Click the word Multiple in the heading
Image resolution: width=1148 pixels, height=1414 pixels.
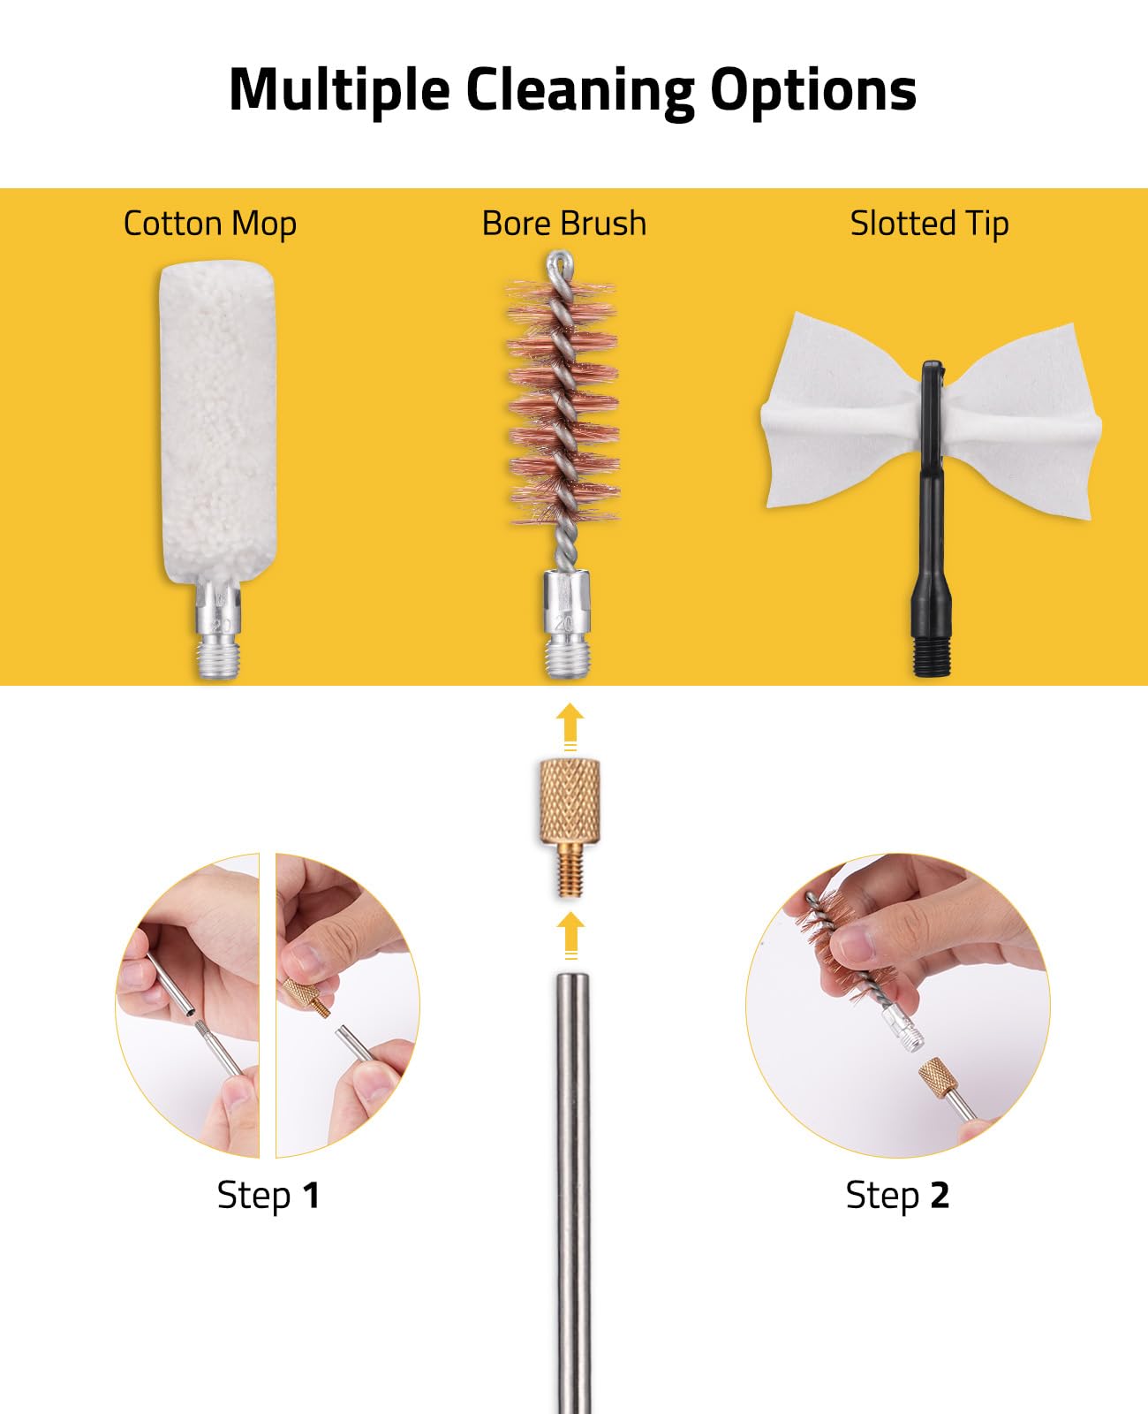pos(340,91)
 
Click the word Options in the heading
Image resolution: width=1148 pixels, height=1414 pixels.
pos(813,91)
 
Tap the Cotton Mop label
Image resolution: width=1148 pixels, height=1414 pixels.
pos(209,224)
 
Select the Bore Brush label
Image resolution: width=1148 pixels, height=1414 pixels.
pos(563,223)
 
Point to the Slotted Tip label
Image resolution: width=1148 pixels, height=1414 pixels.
pos(929,224)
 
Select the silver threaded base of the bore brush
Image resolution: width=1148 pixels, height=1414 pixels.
pos(566,624)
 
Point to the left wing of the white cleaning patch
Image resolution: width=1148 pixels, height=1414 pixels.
pos(842,412)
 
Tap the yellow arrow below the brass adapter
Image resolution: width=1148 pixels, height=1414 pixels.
pos(570,935)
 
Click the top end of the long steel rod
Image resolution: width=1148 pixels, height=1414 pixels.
pos(572,976)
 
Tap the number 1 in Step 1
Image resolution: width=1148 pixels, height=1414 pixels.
pos(311,1196)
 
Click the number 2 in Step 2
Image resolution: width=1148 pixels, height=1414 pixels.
pos(940,1196)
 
